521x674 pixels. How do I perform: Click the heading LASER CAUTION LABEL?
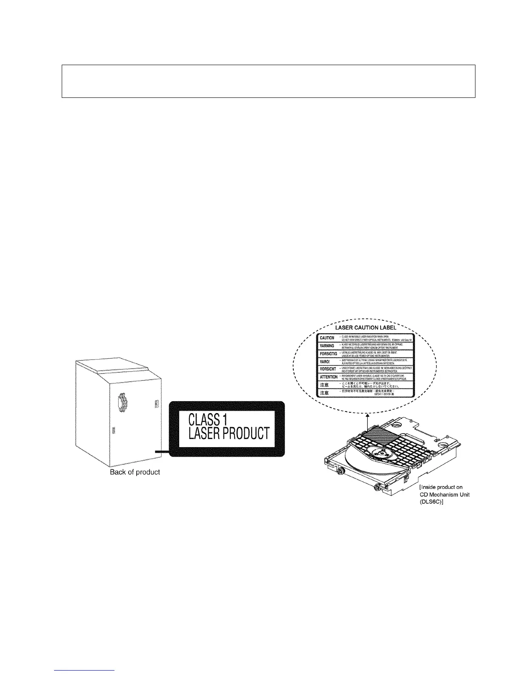click(366, 328)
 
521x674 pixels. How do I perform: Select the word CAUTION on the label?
click(327, 338)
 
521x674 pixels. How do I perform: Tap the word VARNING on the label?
click(327, 346)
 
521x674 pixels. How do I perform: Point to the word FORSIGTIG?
click(328, 354)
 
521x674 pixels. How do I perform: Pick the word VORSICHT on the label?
click(328, 369)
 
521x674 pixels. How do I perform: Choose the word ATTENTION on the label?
click(329, 377)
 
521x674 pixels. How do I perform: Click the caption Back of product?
click(135, 472)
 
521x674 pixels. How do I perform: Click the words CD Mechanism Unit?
click(444, 494)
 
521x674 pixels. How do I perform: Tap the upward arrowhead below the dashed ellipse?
click(367, 414)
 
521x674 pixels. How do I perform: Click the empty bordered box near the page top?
click(268, 81)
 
